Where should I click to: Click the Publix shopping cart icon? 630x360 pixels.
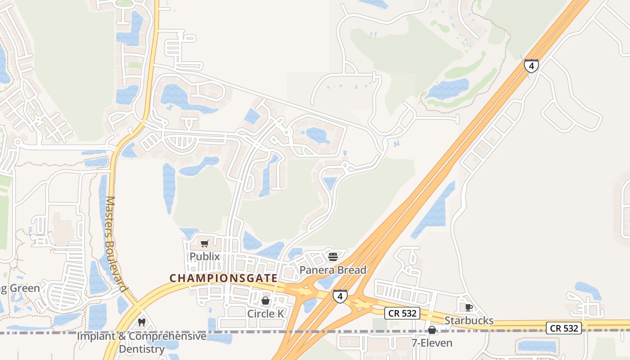[x=205, y=244]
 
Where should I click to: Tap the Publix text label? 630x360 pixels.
[x=205, y=256]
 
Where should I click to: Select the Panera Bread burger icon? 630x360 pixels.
[x=333, y=257]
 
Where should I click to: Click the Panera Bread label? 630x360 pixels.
[x=333, y=270]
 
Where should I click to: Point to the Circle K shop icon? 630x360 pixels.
[x=265, y=300]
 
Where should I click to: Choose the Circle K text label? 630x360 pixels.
[x=265, y=313]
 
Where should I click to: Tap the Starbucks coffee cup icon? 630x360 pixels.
[x=468, y=308]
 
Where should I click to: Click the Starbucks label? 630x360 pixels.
[x=469, y=320]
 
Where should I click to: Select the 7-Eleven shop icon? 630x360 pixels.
[x=432, y=330]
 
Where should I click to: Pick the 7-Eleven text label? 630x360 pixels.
[x=432, y=343]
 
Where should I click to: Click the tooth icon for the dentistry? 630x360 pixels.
[x=142, y=322]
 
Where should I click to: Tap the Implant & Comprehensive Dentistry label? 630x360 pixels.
[x=142, y=342]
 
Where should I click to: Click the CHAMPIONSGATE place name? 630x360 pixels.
[x=223, y=279]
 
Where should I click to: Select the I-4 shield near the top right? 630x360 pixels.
[x=531, y=66]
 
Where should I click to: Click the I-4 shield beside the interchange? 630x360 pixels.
[x=340, y=296]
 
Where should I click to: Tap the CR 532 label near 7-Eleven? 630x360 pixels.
[x=402, y=313]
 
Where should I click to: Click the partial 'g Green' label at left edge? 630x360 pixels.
[x=20, y=288]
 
